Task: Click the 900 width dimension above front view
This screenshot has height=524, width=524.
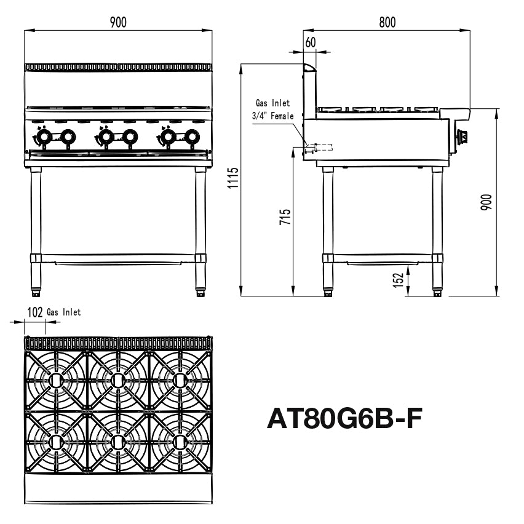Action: click(x=118, y=22)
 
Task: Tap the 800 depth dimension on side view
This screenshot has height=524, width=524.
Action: click(x=387, y=22)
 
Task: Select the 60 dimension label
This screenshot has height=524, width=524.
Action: click(x=310, y=42)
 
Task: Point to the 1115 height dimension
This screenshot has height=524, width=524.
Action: click(x=233, y=178)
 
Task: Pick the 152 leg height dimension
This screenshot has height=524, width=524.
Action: click(x=399, y=279)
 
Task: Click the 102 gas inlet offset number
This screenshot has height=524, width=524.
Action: click(x=35, y=312)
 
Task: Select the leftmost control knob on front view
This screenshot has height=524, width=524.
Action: click(x=43, y=137)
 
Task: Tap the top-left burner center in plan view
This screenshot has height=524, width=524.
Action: click(x=56, y=381)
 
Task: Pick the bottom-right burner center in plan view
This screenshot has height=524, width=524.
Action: click(x=180, y=441)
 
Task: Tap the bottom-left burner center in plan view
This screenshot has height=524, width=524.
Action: click(x=56, y=441)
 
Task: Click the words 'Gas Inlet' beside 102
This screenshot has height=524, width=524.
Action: click(x=63, y=312)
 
